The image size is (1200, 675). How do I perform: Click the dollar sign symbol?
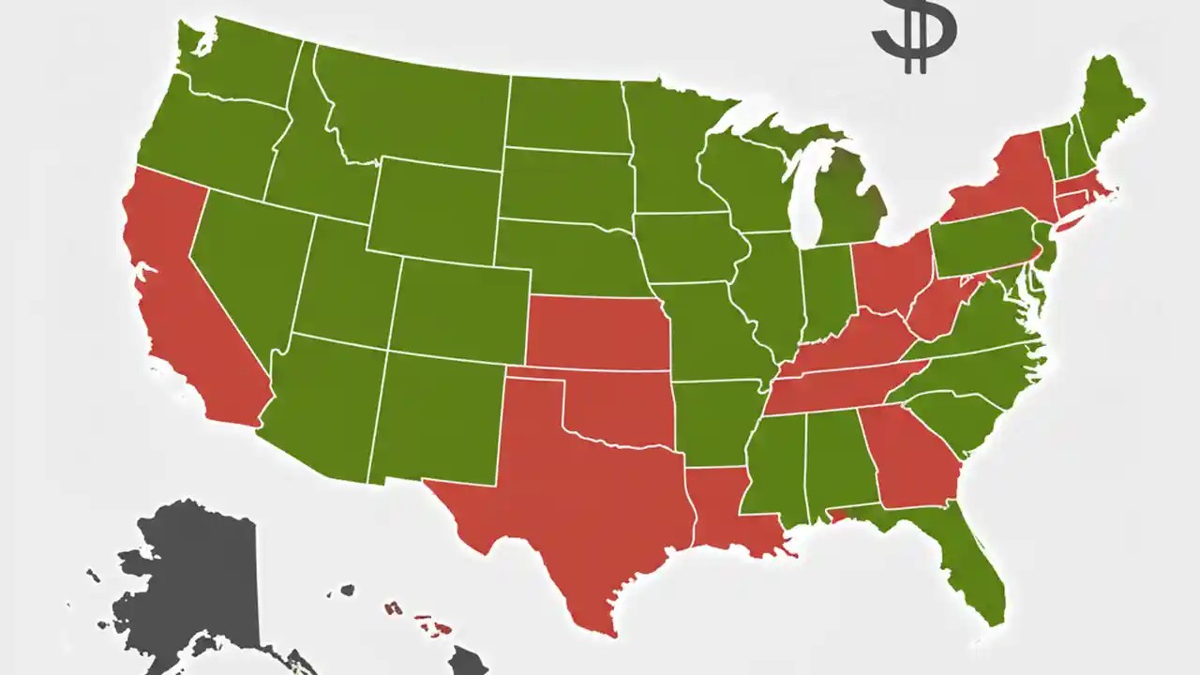(x=914, y=35)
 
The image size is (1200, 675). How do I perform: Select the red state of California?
(x=187, y=300)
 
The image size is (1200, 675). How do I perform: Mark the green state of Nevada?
(x=248, y=267)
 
